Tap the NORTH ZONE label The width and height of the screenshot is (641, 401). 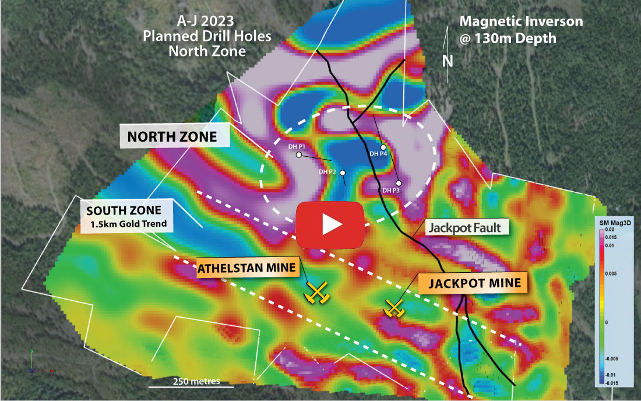point(172,138)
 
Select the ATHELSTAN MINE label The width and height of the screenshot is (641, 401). point(248,269)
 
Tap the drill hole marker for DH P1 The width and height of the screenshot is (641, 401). point(299,155)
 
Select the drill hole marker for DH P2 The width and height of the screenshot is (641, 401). point(343,173)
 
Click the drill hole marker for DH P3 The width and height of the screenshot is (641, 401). point(399,183)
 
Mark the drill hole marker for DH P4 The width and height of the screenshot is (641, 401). point(383,147)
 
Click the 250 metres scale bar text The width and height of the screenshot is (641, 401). point(196,381)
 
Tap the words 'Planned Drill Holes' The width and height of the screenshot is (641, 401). point(207,36)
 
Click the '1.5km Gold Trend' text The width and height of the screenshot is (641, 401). point(127,224)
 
